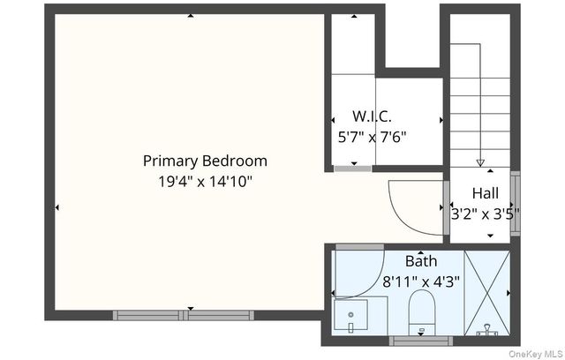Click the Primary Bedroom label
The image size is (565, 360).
205,161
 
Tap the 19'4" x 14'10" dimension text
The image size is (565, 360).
205,182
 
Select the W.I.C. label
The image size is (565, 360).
372,116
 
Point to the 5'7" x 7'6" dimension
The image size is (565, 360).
373,137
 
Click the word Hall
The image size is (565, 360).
486,193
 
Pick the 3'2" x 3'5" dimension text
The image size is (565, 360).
486,214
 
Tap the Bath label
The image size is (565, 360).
421,261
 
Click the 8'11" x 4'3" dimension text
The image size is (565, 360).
421,281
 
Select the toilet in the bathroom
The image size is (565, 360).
422,312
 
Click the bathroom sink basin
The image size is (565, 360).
351,315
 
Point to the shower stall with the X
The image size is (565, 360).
487,293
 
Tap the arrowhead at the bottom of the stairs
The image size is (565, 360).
480,162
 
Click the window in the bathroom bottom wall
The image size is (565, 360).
421,341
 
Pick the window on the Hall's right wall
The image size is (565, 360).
516,204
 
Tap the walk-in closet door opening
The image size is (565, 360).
352,169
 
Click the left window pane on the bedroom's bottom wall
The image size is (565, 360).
148,315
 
